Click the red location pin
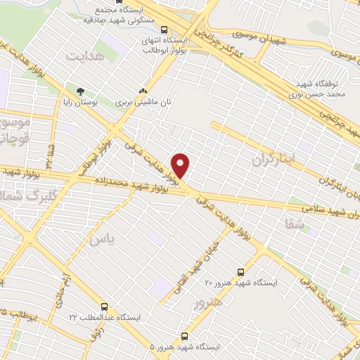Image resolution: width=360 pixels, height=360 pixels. (x=181, y=165)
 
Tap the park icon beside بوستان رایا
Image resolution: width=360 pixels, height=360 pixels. (x=80, y=91)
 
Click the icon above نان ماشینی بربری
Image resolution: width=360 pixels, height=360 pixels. (x=143, y=91)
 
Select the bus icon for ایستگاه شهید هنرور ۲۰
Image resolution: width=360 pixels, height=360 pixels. (x=240, y=271)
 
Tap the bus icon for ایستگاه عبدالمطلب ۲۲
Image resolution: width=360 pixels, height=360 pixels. (x=104, y=307)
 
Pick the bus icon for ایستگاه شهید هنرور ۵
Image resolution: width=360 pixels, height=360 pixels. (x=185, y=337)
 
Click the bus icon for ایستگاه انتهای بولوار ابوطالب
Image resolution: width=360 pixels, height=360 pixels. (x=164, y=30)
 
